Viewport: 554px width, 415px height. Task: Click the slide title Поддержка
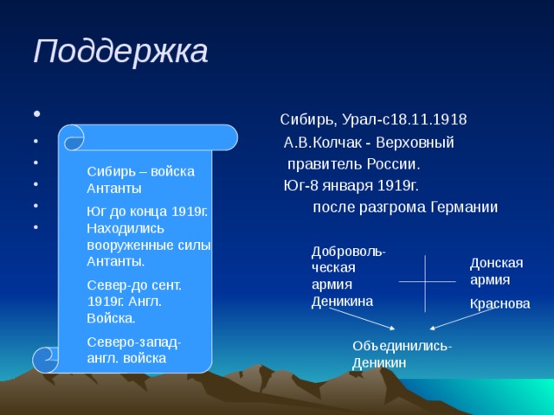pos(120,52)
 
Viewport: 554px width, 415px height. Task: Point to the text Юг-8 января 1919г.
pos(351,184)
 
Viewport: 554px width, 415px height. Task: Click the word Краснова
pos(499,303)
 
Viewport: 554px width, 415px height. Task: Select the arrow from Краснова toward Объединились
pos(467,319)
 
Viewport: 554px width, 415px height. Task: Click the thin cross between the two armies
pos(425,283)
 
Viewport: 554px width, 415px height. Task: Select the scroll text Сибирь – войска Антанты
pos(140,179)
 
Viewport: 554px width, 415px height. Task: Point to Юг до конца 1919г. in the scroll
pos(147,210)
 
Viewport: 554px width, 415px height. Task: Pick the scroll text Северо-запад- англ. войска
pos(134,349)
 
